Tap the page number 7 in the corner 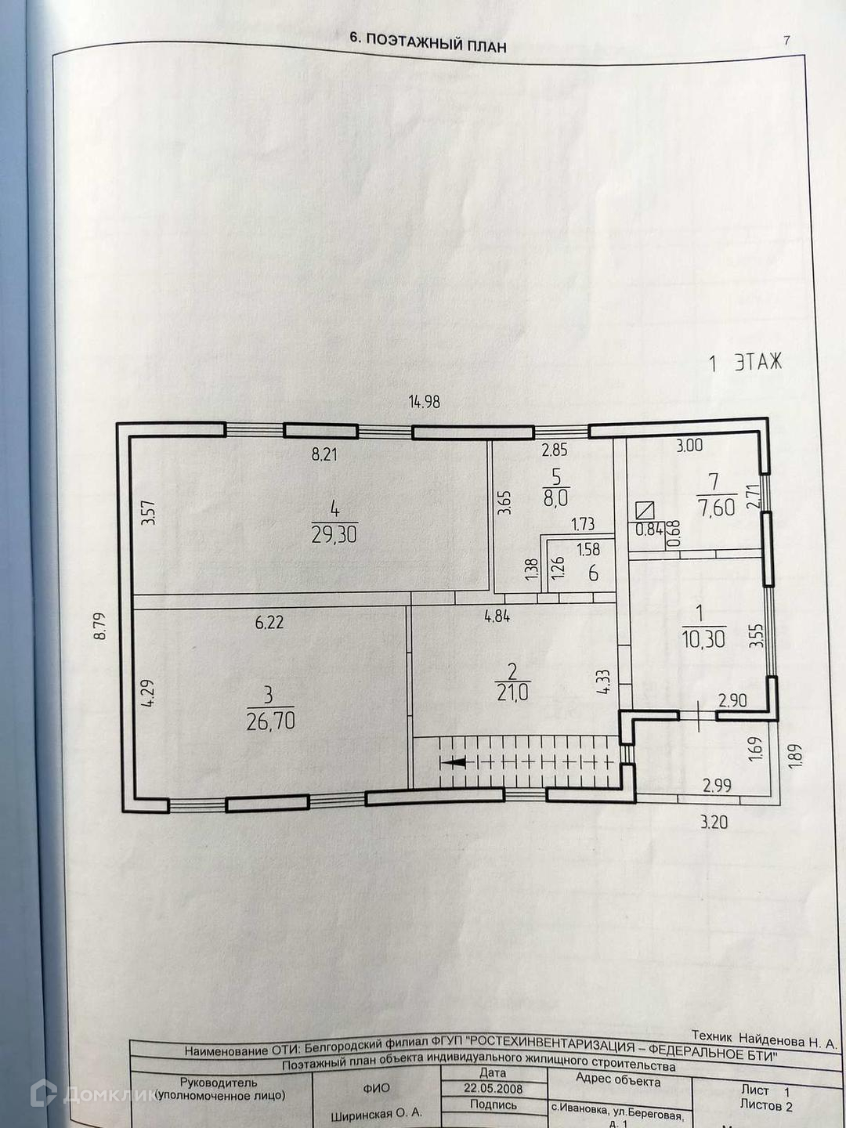coord(786,41)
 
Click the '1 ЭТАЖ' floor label coord(745,363)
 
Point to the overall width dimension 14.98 coord(425,403)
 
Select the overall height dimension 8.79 coord(99,626)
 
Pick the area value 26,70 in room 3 coord(270,721)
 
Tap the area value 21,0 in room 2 coord(514,692)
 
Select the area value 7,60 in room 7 coord(716,507)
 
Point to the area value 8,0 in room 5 coord(555,497)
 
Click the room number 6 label coord(593,573)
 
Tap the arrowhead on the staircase coord(451,761)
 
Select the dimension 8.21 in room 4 coord(324,454)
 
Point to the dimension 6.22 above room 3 coord(269,624)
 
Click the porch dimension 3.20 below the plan coord(713,822)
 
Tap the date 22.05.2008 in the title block coord(493,1089)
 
